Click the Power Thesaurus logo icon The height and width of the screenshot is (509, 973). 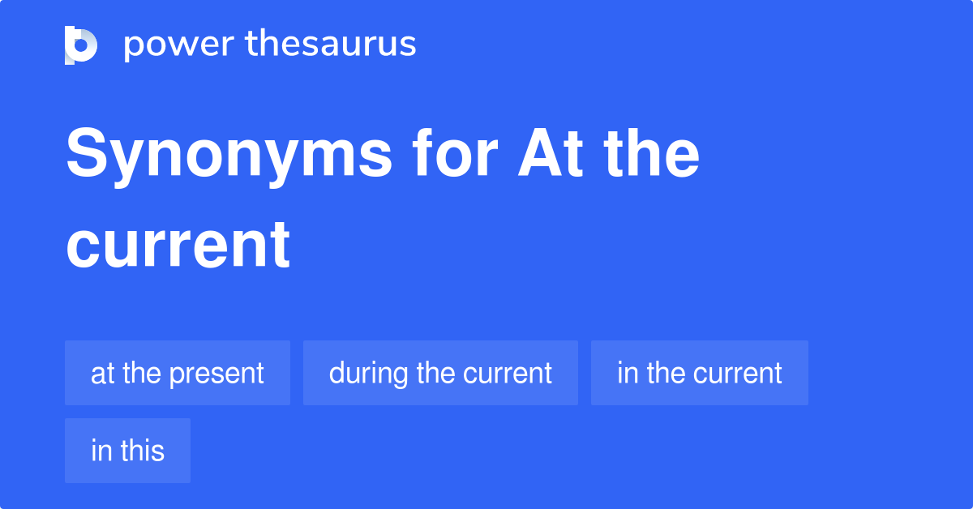tap(80, 45)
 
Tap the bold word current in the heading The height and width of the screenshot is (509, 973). tap(178, 244)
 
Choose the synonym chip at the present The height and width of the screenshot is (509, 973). tap(178, 373)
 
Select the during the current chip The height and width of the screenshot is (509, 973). tap(440, 373)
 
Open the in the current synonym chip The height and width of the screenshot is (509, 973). tap(699, 373)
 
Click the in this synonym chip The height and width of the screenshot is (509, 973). tap(127, 451)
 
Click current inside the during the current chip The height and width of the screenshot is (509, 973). tap(508, 374)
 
